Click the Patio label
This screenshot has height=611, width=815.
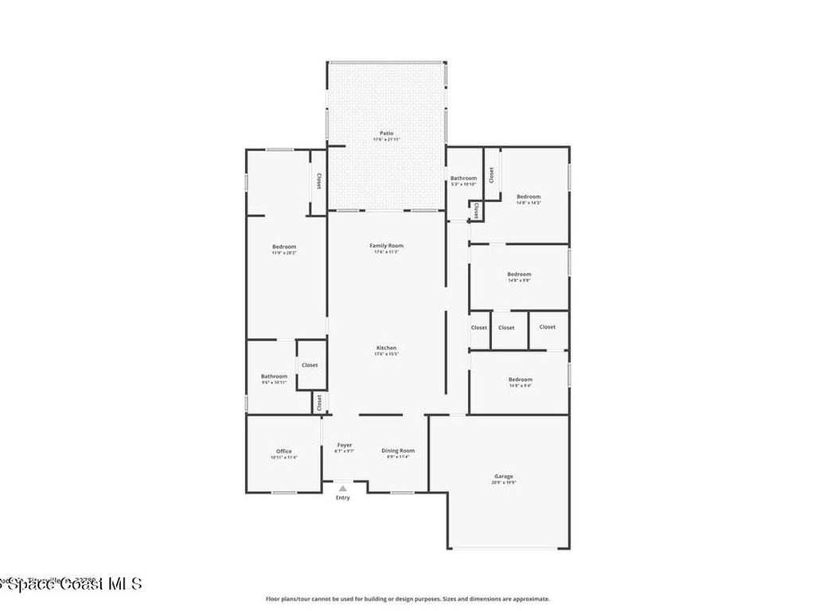tap(386, 133)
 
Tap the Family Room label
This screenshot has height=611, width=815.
tap(386, 246)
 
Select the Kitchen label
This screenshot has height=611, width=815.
tap(386, 348)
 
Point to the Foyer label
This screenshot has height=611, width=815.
tap(344, 445)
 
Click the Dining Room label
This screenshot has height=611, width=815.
tap(397, 450)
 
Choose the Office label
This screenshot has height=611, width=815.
tap(284, 451)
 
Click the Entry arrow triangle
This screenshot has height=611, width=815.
tap(342, 488)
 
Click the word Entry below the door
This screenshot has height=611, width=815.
tap(342, 498)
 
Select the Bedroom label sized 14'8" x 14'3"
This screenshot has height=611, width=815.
tap(528, 197)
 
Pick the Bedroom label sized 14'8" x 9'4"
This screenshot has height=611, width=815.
tap(521, 379)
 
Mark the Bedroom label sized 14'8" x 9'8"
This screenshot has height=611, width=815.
tap(519, 274)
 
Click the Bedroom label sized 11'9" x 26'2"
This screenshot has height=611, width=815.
tap(284, 247)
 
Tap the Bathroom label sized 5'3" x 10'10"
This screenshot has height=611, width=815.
tap(463, 178)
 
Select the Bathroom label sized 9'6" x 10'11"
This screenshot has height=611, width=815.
tap(274, 376)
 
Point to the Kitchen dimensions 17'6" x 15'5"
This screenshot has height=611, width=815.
tap(386, 355)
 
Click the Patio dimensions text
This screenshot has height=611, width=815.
tap(386, 140)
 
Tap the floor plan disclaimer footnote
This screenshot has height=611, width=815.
tap(407, 599)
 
